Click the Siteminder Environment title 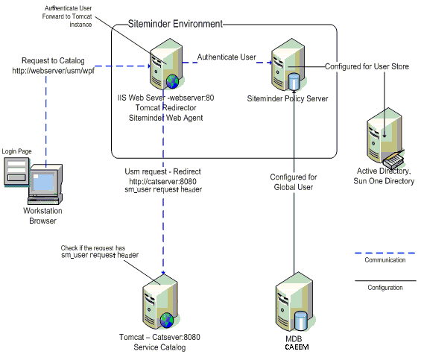tap(176, 24)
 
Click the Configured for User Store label tap(367, 66)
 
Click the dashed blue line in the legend tap(384, 250)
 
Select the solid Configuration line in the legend tap(384, 281)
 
